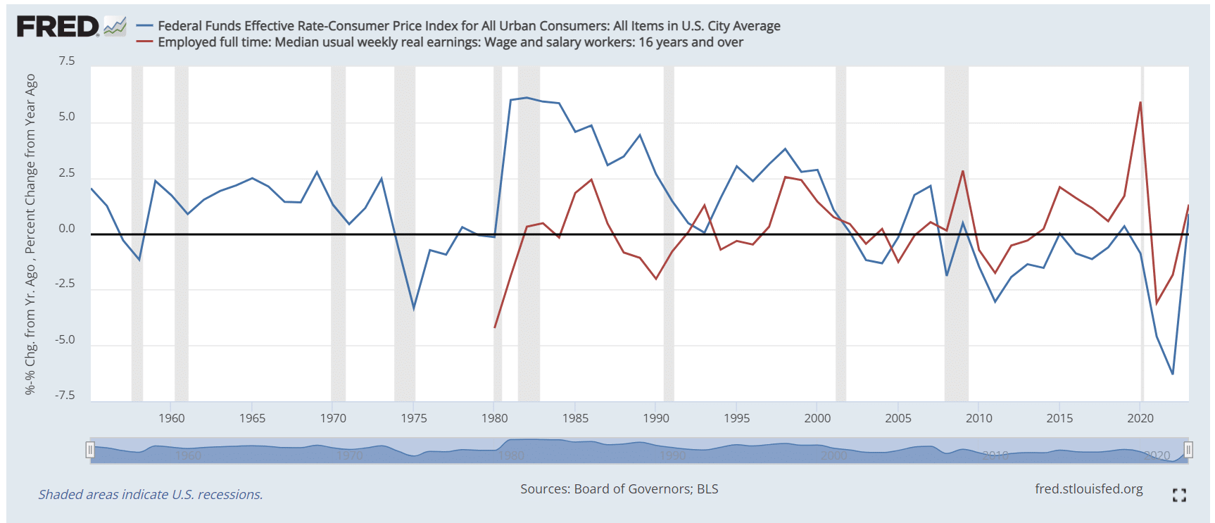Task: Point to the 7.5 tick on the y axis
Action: [67, 61]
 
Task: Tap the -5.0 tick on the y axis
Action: [65, 340]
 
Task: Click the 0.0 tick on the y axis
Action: [67, 229]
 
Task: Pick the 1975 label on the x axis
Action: [414, 418]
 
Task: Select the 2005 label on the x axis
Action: [898, 418]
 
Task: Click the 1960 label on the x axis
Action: [172, 418]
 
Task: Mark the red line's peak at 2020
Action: [1140, 103]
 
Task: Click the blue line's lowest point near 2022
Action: [1172, 374]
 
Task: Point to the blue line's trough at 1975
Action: [414, 308]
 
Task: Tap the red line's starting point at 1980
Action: [495, 327]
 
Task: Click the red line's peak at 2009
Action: [962, 171]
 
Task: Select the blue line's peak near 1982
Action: [526, 97]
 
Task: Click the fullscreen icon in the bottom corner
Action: [1179, 495]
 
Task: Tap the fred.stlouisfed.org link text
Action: [1088, 489]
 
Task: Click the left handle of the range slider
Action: [90, 450]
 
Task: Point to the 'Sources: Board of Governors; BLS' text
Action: [619, 489]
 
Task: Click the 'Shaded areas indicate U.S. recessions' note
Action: [151, 494]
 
